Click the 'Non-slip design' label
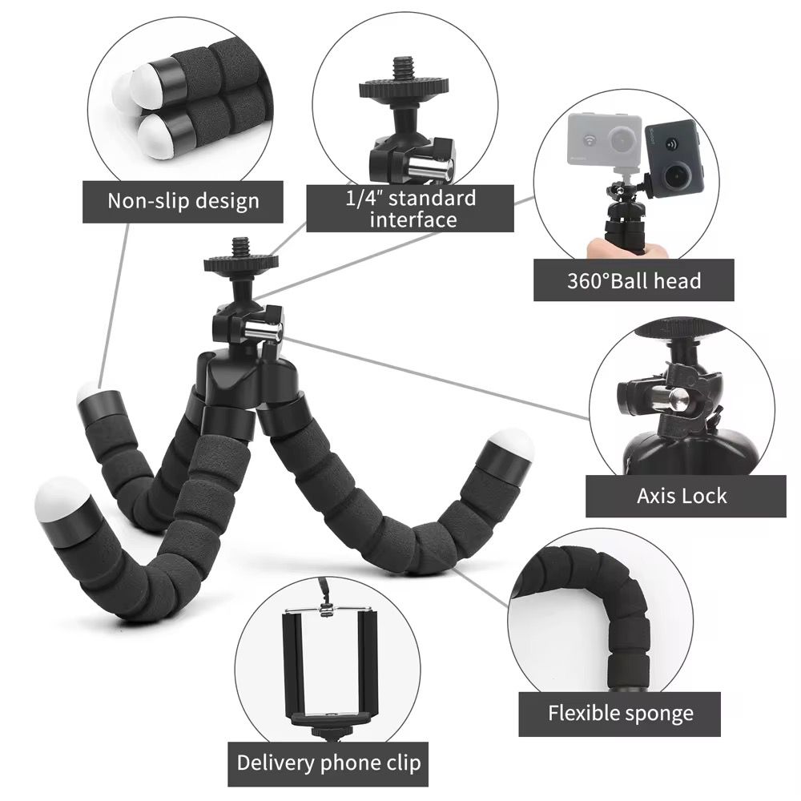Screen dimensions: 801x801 [183, 200]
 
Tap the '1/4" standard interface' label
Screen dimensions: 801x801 [410, 208]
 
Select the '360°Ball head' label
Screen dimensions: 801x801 [634, 280]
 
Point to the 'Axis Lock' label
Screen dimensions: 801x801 [682, 495]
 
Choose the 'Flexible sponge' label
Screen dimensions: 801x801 [621, 713]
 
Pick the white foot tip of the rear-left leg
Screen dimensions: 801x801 [91, 394]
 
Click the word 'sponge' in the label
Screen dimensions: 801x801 [655, 714]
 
